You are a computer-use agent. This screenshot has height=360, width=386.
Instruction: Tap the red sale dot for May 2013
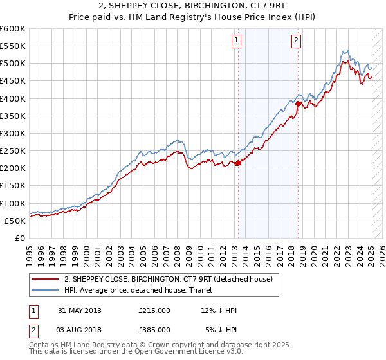pyautogui.click(x=238, y=163)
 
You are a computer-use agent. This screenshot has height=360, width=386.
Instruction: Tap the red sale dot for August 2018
pyautogui.click(x=298, y=104)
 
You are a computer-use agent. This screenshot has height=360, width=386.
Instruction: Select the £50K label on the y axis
pyautogui.click(x=15, y=221)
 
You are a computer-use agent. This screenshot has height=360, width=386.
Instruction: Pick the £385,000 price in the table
pyautogui.click(x=154, y=329)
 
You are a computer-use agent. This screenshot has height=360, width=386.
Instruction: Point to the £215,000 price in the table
pyautogui.click(x=154, y=310)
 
